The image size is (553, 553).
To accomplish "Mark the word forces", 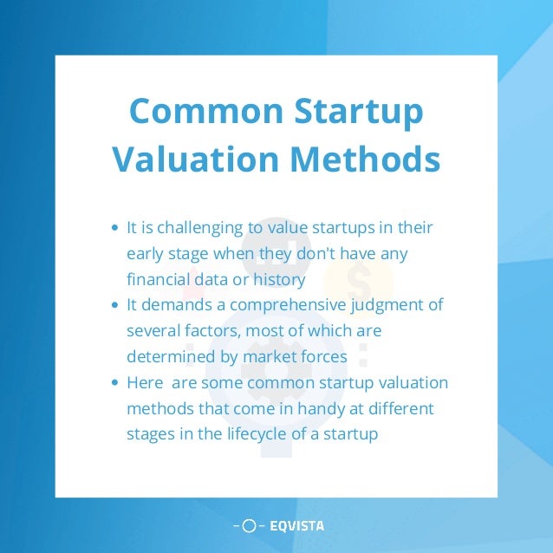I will [320, 356].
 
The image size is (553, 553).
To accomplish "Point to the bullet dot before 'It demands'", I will [116, 306].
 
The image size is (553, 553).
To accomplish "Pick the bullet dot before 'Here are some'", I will [116, 383].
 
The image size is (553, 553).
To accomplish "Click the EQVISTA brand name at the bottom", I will [296, 525].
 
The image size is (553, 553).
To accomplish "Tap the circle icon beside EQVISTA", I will [249, 525].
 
